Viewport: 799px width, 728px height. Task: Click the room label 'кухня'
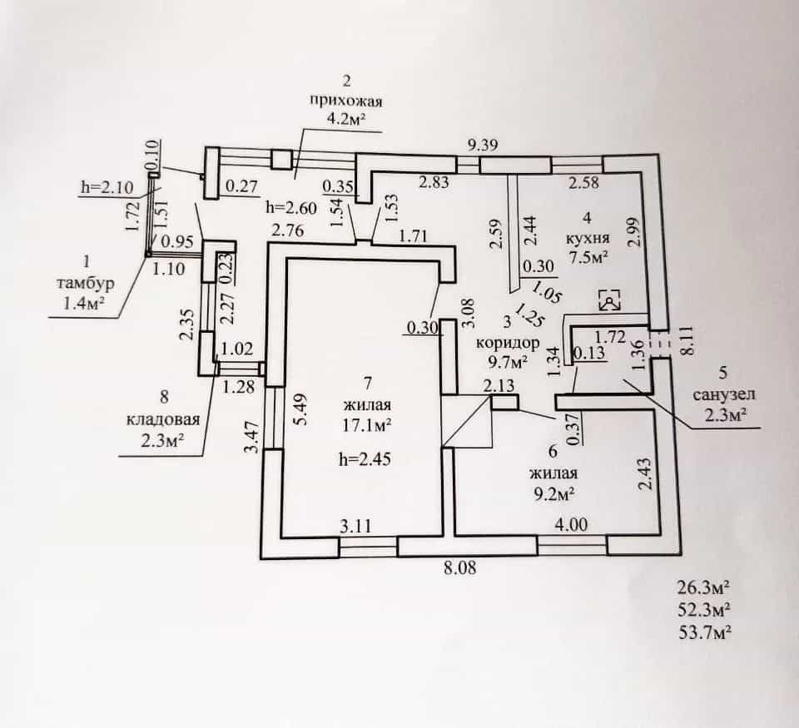coord(588,238)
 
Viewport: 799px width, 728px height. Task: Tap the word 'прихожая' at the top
coord(346,101)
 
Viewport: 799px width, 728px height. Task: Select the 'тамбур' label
coord(85,283)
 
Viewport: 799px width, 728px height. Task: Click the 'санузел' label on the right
coord(724,394)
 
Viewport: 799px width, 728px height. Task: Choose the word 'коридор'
coord(508,342)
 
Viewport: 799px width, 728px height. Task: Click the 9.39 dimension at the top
coord(483,146)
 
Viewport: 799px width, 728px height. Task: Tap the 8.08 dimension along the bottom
coord(459,567)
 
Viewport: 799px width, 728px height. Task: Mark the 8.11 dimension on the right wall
coord(687,341)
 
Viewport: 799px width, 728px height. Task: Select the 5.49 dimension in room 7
coord(300,409)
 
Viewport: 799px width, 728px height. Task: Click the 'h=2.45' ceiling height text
coord(365,459)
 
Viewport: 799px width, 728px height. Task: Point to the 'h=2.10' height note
coord(107,187)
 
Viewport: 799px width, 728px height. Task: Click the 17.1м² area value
coord(366,425)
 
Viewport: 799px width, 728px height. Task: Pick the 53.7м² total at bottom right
coord(705,632)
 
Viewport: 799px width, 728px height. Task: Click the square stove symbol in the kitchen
coord(609,300)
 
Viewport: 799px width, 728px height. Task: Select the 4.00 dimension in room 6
coord(571,524)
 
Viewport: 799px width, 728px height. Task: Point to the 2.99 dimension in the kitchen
coord(634,232)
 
